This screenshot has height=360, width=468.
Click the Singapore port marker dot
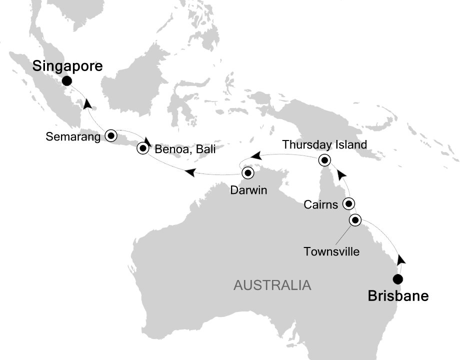(x=67, y=81)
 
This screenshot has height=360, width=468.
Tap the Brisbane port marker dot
(x=398, y=279)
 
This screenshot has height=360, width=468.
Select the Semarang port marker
(x=110, y=135)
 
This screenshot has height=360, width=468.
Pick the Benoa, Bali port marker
(x=144, y=147)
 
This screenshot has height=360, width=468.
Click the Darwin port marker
(x=248, y=173)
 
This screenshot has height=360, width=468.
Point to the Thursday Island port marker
(x=324, y=160)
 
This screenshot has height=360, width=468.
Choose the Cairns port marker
(x=348, y=204)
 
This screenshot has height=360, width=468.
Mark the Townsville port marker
(x=355, y=220)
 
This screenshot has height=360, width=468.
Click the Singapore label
(x=67, y=66)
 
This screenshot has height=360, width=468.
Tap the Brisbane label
(x=398, y=296)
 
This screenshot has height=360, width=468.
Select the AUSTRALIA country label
(x=272, y=286)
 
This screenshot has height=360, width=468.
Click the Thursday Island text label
(x=324, y=145)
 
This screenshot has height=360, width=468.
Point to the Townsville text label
(x=331, y=251)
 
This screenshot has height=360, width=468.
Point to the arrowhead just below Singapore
(x=88, y=104)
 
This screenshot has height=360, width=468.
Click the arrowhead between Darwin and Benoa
(x=190, y=173)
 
